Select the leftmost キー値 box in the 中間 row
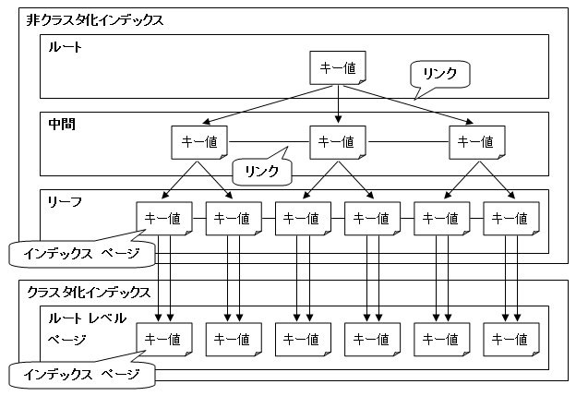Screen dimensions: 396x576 pos(194,142)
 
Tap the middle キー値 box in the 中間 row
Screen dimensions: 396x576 pos(335,142)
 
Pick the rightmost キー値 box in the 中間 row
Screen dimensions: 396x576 pos(472,142)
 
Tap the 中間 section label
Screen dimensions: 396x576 pos(61,123)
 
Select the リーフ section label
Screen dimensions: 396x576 pos(65,199)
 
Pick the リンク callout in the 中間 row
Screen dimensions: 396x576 pos(261,171)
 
